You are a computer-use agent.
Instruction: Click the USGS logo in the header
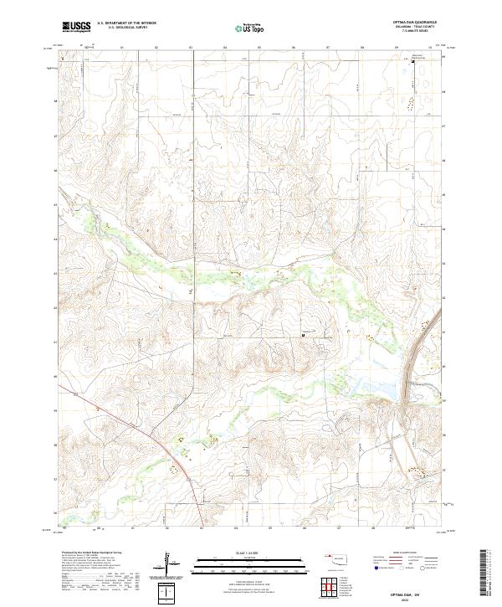coord(76,27)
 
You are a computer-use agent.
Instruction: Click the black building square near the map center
coord(303,335)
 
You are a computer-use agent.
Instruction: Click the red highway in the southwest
coord(151,436)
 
